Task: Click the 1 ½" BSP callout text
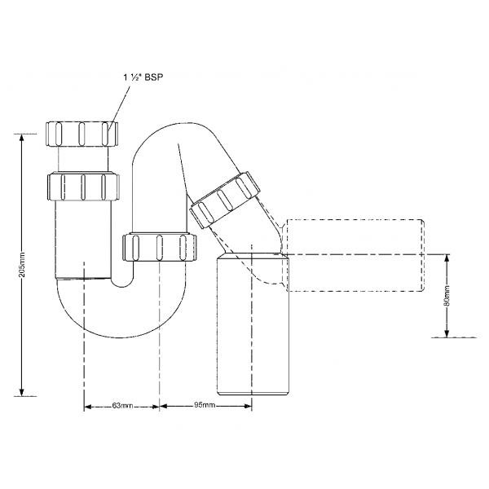(143, 77)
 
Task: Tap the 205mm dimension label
(23, 264)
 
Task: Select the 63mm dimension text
(122, 406)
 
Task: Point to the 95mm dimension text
(205, 405)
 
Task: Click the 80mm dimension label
(447, 295)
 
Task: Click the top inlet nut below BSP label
(82, 134)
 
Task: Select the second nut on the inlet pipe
(83, 187)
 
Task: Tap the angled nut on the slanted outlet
(225, 200)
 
